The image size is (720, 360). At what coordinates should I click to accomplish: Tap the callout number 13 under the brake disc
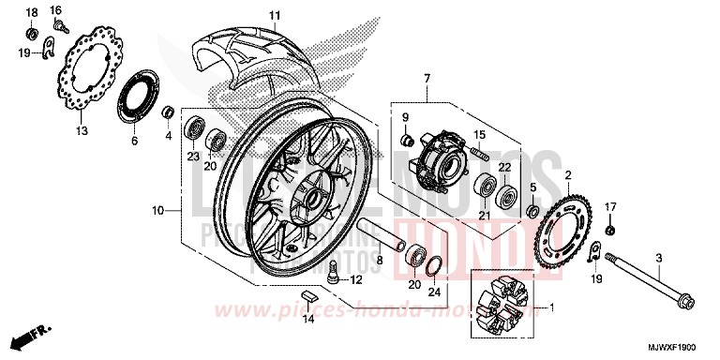pyautogui.click(x=82, y=130)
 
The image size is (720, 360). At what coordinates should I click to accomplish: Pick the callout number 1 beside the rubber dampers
pyautogui.click(x=550, y=307)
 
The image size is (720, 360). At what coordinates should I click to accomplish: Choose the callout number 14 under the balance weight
pyautogui.click(x=308, y=320)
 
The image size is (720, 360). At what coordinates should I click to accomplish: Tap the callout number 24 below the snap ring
pyautogui.click(x=433, y=291)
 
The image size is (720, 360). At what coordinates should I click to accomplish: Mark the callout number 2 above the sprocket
pyautogui.click(x=567, y=174)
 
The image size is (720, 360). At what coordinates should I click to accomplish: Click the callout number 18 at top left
pyautogui.click(x=31, y=12)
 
